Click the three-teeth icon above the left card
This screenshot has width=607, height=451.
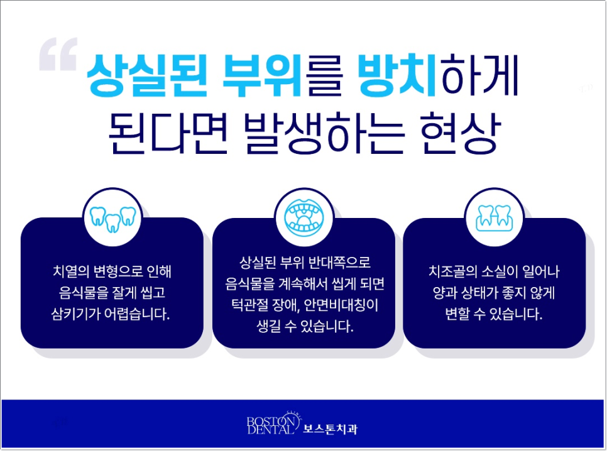point(112,217)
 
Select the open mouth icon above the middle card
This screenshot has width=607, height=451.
point(303,217)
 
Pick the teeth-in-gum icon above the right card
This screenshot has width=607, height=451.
point(495,217)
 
